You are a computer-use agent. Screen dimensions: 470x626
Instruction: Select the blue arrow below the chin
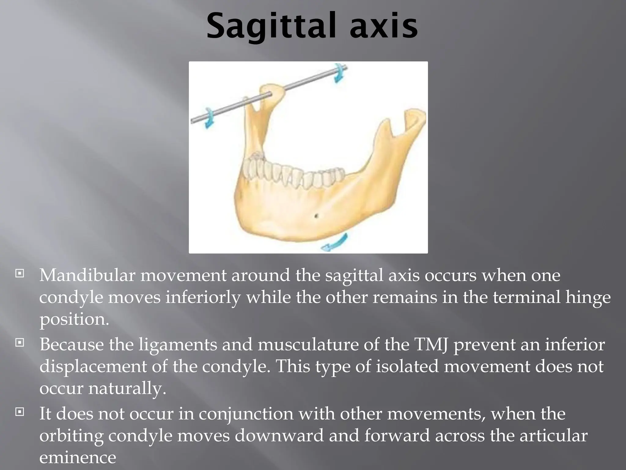coord(335,242)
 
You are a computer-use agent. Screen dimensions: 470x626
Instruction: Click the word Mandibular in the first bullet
coord(87,275)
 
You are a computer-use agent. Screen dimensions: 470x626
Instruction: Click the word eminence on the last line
coord(78,458)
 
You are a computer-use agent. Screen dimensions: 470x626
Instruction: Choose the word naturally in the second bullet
coord(127,389)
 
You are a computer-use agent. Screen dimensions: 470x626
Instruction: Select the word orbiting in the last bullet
coord(72,436)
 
